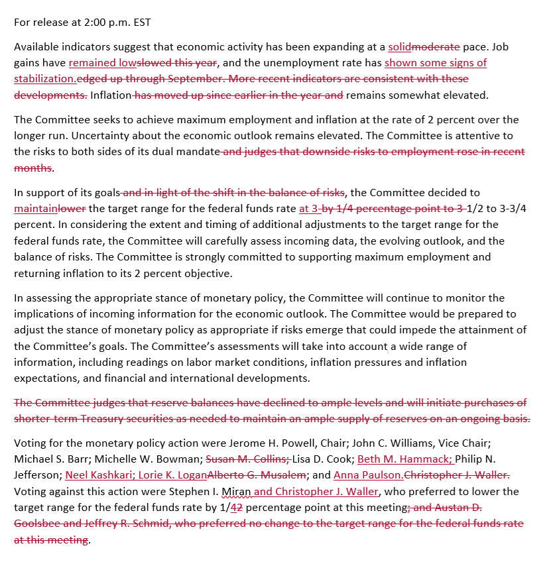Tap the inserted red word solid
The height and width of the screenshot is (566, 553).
pyautogui.click(x=399, y=47)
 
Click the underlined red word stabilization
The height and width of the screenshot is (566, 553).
pyautogui.click(x=45, y=79)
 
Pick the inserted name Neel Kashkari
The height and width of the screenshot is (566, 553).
pyautogui.click(x=98, y=475)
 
